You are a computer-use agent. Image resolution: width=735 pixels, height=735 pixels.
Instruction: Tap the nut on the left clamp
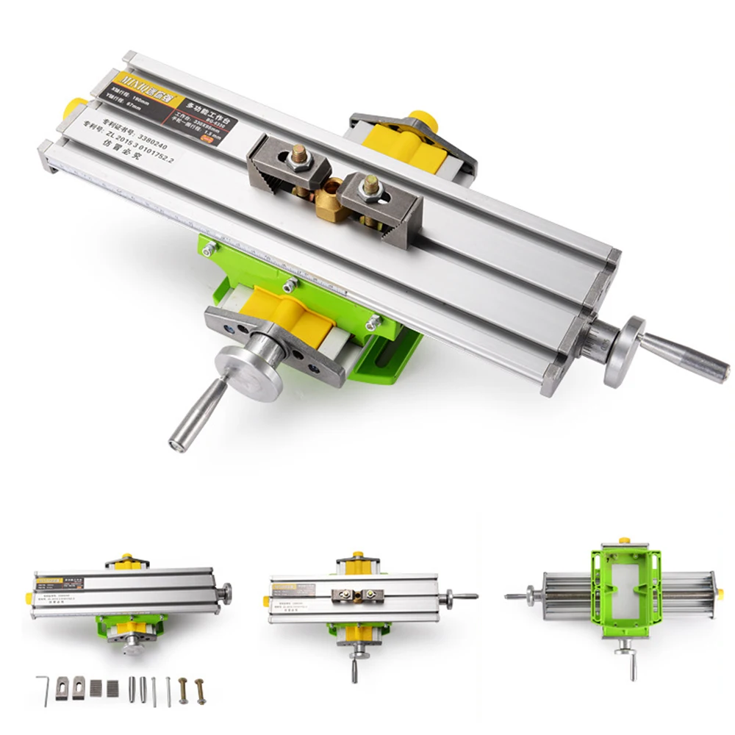tap(299, 157)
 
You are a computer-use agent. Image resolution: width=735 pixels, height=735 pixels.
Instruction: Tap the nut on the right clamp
tap(370, 188)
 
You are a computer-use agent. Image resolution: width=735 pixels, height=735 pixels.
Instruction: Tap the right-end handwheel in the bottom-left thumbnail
tap(225, 591)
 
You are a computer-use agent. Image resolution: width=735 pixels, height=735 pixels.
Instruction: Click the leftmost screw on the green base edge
tap(208, 251)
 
